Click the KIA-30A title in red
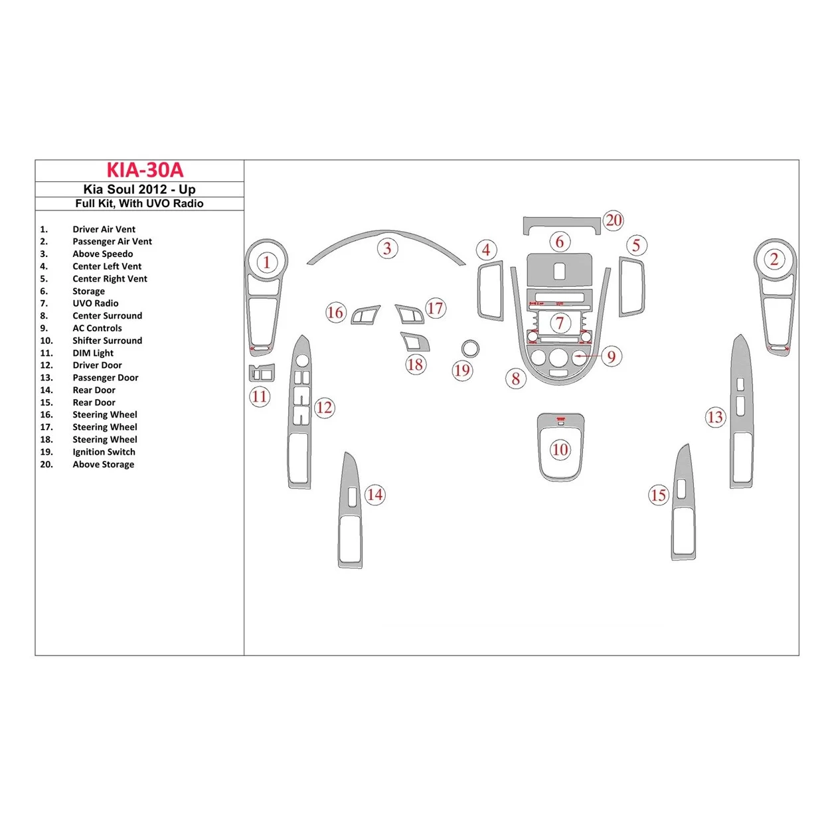tap(145, 171)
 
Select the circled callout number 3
tap(387, 249)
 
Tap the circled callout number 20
tap(614, 220)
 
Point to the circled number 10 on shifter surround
tap(560, 450)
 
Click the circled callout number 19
tap(462, 371)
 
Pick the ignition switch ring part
tap(470, 349)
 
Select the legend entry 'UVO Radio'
tap(95, 303)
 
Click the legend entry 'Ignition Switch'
tap(104, 452)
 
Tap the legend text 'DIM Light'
tap(93, 353)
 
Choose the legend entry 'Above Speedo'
tap(102, 254)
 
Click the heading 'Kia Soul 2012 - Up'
tap(139, 189)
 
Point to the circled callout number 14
tap(375, 495)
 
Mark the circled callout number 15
tap(658, 495)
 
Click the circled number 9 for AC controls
tap(612, 357)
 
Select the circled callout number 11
tap(259, 397)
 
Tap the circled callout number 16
tap(335, 313)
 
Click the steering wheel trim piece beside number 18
tap(416, 341)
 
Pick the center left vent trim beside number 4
tap(490, 291)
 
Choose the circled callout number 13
tap(714, 417)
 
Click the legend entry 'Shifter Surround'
tap(107, 341)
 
